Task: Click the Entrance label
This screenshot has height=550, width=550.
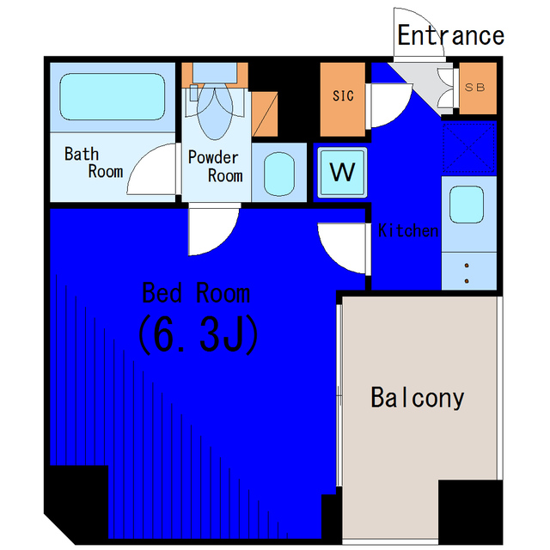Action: coord(450,35)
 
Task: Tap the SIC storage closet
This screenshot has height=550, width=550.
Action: coord(343,100)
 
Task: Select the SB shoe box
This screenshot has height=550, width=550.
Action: coord(478,88)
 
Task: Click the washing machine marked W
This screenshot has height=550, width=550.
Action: coord(342,173)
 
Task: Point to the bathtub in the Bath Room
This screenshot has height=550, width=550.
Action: coord(113,96)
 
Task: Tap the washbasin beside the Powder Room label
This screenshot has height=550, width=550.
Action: coord(279,174)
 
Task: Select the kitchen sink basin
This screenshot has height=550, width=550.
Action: coord(467,205)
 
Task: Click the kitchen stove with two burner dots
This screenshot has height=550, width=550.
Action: coord(469,271)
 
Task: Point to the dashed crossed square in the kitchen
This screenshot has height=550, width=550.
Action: coord(469,148)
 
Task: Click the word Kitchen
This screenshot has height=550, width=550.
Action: coord(408,231)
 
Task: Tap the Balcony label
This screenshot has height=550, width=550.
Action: coord(418,398)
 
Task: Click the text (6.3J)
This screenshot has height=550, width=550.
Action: coord(199,334)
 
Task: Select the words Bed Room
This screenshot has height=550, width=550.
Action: coord(196,292)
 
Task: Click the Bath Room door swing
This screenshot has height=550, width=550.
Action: coord(152,168)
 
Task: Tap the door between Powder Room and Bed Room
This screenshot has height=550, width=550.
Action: coord(214,231)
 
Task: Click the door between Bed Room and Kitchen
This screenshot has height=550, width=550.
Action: coord(343,248)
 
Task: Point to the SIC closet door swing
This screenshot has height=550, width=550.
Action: coord(391,105)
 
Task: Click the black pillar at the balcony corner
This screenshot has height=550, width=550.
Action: coord(470,512)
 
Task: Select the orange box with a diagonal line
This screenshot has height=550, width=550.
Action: coord(265,114)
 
